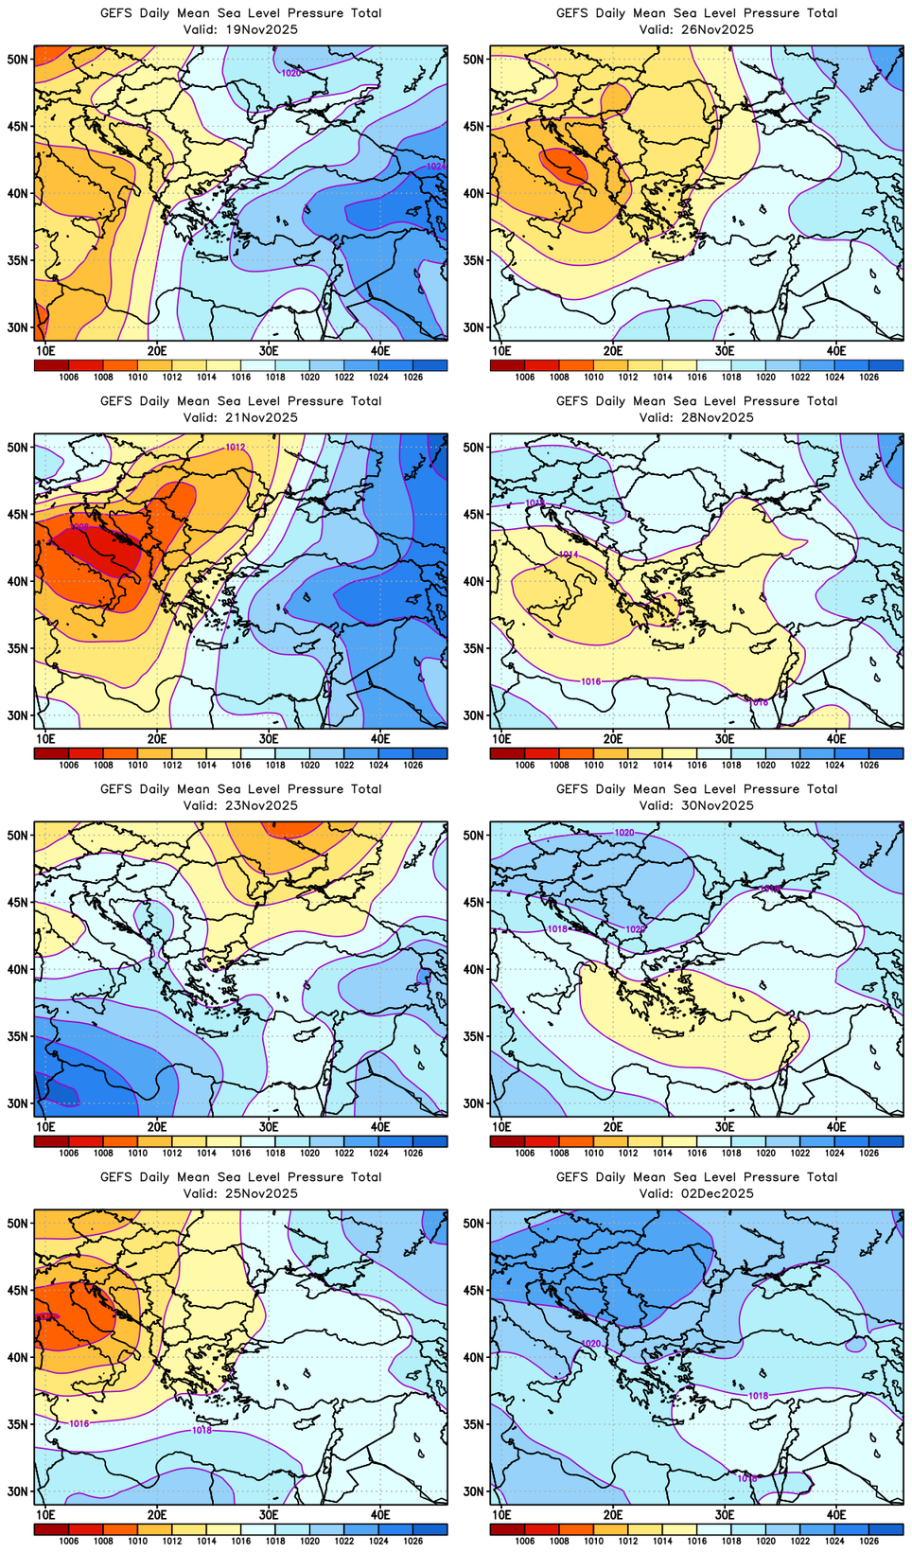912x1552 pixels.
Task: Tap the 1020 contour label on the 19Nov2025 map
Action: click(x=291, y=73)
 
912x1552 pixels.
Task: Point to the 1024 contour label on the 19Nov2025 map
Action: click(x=435, y=167)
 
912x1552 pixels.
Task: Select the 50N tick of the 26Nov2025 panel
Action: click(x=473, y=59)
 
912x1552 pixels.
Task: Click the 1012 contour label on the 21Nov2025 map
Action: click(x=236, y=448)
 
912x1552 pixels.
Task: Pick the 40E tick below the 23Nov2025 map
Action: click(x=380, y=1126)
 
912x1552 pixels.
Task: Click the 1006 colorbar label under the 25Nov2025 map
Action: click(x=68, y=1541)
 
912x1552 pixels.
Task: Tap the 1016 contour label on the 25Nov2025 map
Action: click(x=79, y=1423)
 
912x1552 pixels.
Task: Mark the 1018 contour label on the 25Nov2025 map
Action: click(x=202, y=1430)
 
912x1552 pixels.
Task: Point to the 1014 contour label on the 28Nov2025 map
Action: click(x=568, y=555)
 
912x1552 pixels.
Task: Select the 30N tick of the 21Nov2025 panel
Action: click(x=18, y=715)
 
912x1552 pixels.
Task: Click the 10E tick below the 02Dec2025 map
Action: click(x=501, y=1514)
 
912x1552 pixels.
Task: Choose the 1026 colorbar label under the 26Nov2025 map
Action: click(x=868, y=377)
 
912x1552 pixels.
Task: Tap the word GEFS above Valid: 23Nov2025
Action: click(x=116, y=789)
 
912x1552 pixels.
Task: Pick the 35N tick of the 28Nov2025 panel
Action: click(x=473, y=648)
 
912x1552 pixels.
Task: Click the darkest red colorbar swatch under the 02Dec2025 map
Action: click(x=507, y=1529)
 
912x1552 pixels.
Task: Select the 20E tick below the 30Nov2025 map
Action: click(x=613, y=1126)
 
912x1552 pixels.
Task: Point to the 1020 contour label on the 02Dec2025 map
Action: click(x=591, y=1344)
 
